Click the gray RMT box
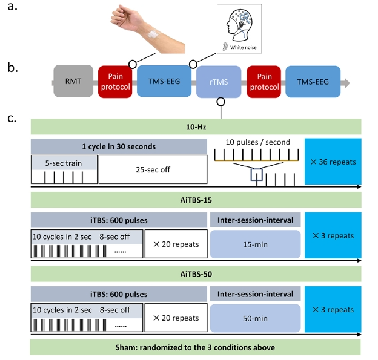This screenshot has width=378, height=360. point(73,81)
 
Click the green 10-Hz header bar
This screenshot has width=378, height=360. point(196,127)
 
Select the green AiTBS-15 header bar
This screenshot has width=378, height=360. point(196,200)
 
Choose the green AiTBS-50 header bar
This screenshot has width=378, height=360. point(196,274)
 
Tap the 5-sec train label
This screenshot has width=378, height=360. point(64,162)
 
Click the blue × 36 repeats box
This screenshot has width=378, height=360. point(333,163)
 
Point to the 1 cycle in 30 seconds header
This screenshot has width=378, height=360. point(118,146)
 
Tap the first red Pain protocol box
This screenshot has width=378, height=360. point(115,81)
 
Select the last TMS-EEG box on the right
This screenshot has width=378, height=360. point(313,81)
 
